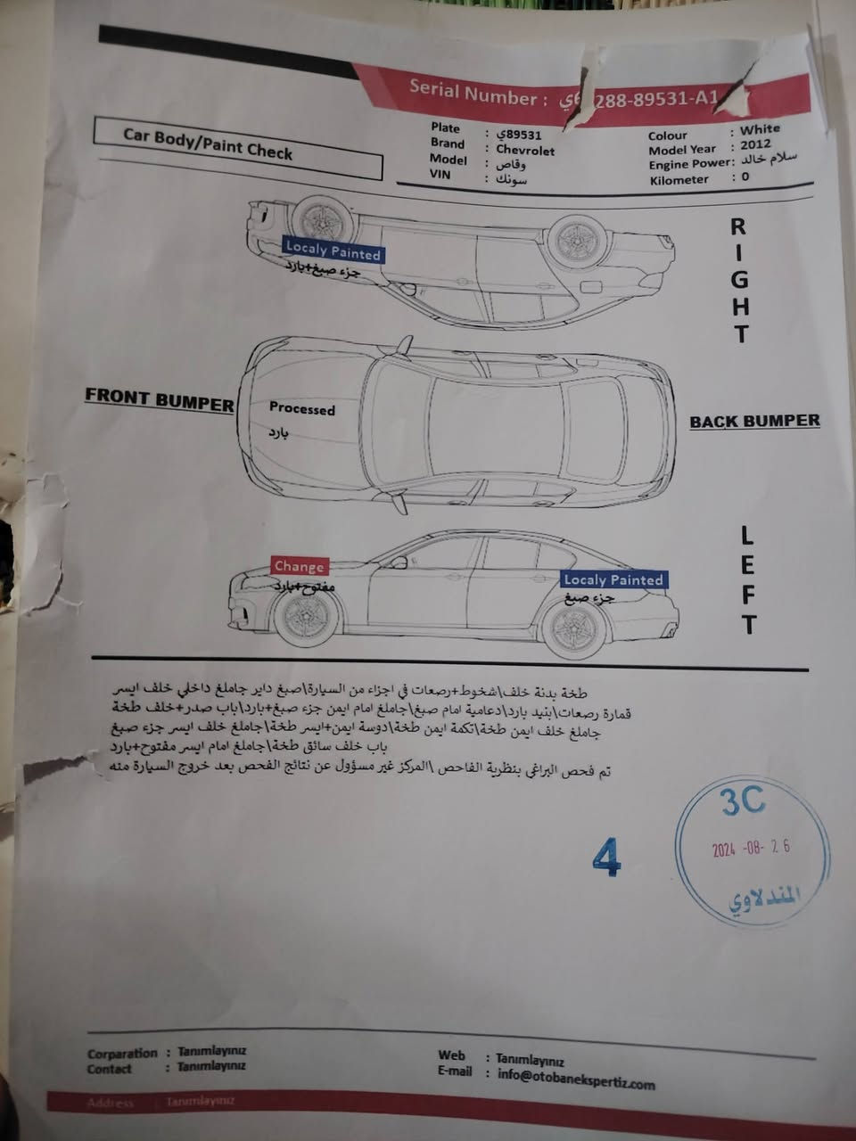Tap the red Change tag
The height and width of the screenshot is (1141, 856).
tap(299, 566)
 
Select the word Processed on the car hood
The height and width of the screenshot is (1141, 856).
tap(302, 409)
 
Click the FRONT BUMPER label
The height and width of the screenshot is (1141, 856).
tap(160, 400)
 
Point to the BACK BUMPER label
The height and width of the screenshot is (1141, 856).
tap(754, 421)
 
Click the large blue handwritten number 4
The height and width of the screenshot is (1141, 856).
tap(606, 858)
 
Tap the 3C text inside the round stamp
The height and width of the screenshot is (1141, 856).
tap(742, 801)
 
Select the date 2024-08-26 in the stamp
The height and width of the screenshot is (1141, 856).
tap(751, 848)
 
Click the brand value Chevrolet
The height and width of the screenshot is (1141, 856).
tap(525, 151)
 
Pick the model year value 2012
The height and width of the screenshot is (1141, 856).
tap(756, 144)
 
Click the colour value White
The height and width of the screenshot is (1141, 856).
tap(760, 129)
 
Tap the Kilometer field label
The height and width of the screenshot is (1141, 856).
tap(679, 179)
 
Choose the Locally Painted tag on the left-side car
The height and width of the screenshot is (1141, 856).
tap(613, 579)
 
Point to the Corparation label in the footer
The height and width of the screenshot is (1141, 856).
tap(122, 1053)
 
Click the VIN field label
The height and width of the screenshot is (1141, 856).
tap(440, 175)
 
